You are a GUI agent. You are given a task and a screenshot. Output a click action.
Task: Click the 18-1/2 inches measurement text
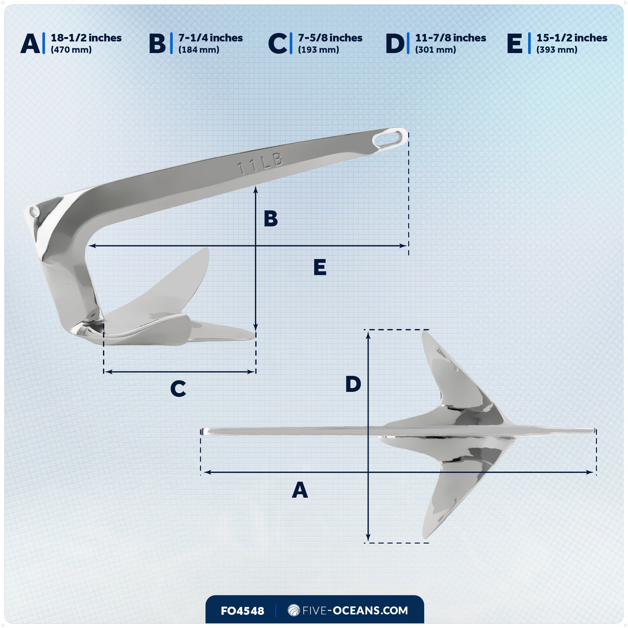coord(86,38)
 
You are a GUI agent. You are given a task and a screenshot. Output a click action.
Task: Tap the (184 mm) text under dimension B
coord(199,50)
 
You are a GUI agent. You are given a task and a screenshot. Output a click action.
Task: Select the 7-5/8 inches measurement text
coord(330,38)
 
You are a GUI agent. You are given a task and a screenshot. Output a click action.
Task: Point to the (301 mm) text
coord(435,50)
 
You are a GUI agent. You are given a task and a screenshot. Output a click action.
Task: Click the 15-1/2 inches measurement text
coord(571,38)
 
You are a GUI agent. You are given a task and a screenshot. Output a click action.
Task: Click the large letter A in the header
coord(30,44)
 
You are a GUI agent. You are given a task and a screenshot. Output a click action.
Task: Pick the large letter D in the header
coord(395,44)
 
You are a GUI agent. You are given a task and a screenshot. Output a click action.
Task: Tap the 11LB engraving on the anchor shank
coord(260,164)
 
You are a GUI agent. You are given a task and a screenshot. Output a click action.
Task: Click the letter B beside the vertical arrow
coord(270,219)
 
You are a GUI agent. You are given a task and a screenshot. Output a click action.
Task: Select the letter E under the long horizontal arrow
coord(320,267)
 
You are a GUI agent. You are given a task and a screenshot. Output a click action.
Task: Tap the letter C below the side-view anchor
coord(178,389)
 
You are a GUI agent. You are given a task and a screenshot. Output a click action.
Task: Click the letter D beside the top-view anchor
coord(353,384)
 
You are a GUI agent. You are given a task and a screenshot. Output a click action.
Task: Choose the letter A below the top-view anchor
coord(300,490)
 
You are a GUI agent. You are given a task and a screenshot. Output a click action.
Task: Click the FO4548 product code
coord(242,611)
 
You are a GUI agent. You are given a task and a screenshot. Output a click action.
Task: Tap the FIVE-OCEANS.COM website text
coord(355,610)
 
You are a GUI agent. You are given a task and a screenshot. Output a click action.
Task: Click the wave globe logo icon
coord(294,610)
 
